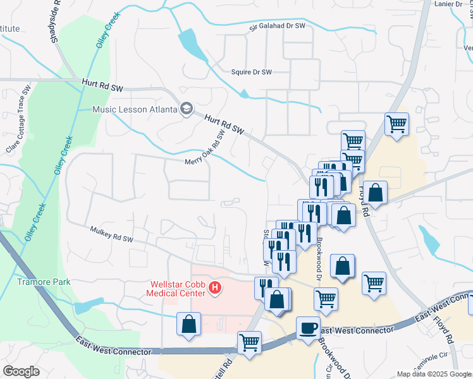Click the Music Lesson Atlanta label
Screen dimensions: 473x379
[x=135, y=109]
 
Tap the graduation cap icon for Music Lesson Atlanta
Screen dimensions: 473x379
[x=186, y=109]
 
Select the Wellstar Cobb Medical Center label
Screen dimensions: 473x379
[x=176, y=289]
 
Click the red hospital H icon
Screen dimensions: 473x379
[x=216, y=289]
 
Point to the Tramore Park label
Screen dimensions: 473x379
[x=44, y=282]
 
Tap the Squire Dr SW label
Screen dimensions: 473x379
[x=251, y=72]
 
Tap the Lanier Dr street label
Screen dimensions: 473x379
[x=449, y=4]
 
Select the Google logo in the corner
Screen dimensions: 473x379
[x=21, y=371]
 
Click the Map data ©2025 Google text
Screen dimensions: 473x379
[x=434, y=374]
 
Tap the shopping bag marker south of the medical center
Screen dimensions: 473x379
[x=189, y=324]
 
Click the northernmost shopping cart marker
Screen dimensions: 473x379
[x=396, y=124]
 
